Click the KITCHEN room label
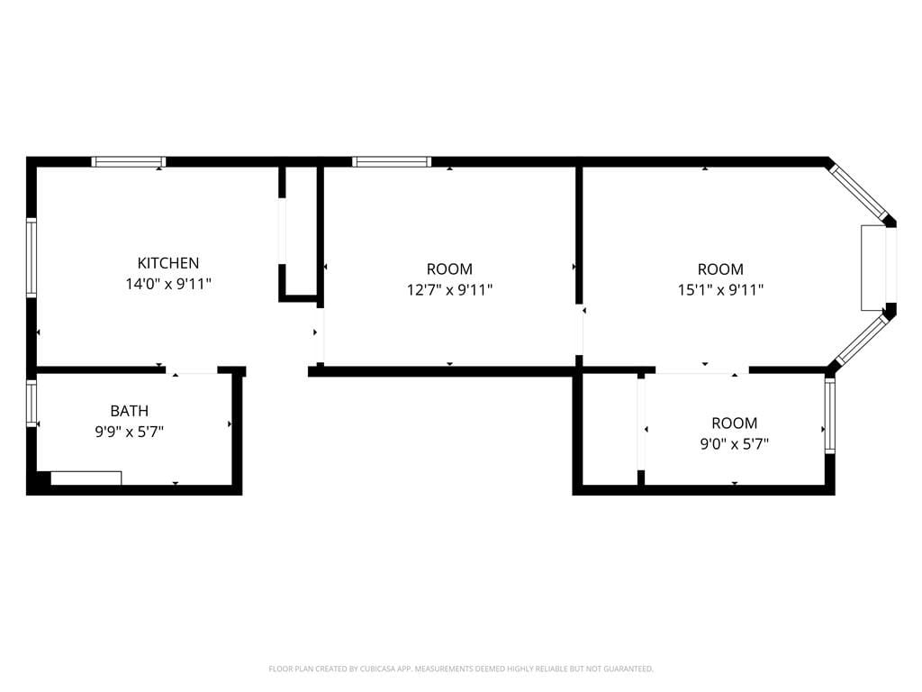tap(167, 263)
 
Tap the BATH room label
tap(130, 411)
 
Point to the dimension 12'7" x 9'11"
tap(449, 290)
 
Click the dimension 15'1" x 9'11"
tap(720, 290)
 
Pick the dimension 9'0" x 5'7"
tap(734, 443)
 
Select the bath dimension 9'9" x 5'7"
tap(130, 432)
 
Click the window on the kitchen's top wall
tap(129, 162)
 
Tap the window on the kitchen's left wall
tap(32, 258)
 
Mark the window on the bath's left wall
tap(32, 403)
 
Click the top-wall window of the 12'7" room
tap(392, 162)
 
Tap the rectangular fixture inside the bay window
tap(872, 267)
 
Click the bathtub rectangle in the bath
tap(86, 478)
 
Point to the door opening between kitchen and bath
tap(193, 370)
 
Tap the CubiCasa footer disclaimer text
tap(461, 669)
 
